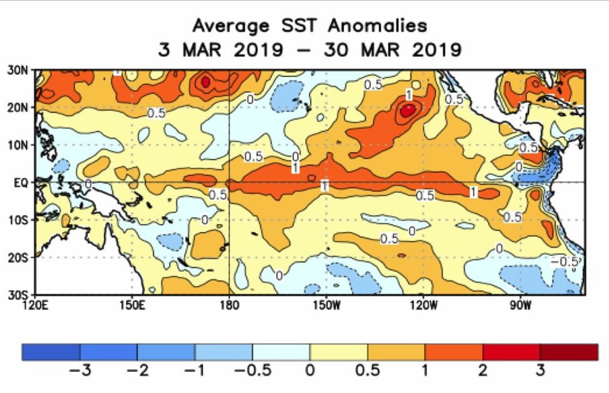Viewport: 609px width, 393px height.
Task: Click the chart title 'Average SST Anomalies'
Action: point(310,25)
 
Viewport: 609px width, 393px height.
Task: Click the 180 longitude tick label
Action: point(229,305)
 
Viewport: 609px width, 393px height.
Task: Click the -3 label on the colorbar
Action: point(79,371)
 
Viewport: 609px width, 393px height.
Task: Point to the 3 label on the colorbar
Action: point(540,371)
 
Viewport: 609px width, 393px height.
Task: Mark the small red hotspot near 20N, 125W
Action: point(408,110)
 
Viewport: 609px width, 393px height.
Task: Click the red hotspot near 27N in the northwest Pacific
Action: point(206,81)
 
